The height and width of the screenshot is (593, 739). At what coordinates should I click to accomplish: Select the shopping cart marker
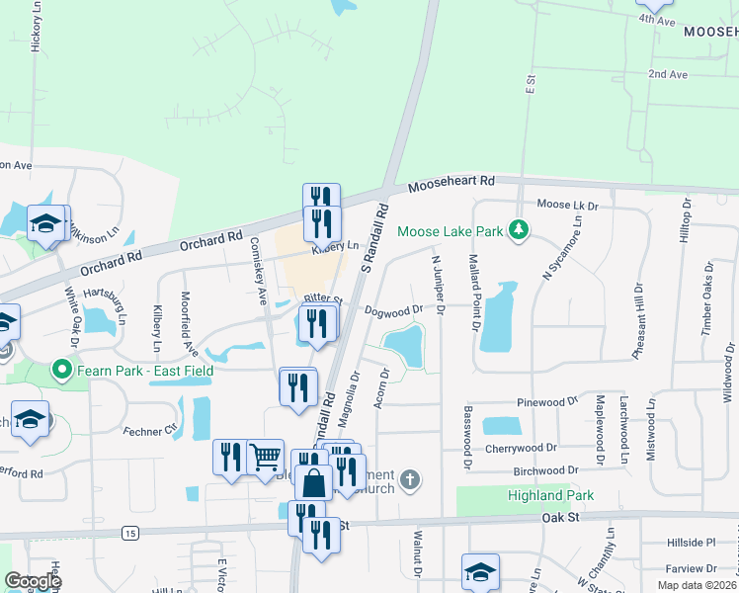pyautogui.click(x=265, y=458)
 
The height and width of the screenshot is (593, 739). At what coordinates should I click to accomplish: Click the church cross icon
pyautogui.click(x=411, y=480)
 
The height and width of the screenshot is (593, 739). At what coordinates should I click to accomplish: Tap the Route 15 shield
pyautogui.click(x=129, y=533)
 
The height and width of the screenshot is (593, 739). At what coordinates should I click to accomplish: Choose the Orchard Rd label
pyautogui.click(x=211, y=240)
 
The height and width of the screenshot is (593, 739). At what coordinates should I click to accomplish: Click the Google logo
pyautogui.click(x=32, y=581)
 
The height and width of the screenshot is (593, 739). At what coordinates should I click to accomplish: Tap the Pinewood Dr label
pyautogui.click(x=546, y=402)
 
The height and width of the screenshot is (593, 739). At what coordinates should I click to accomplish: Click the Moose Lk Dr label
pyautogui.click(x=568, y=206)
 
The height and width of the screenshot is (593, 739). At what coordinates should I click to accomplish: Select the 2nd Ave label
pyautogui.click(x=667, y=75)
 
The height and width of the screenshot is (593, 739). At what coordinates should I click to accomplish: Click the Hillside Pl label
pyautogui.click(x=690, y=543)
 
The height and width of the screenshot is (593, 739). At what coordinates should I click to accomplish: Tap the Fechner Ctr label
pyautogui.click(x=150, y=430)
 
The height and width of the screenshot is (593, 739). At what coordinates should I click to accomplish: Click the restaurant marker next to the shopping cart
pyautogui.click(x=230, y=458)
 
